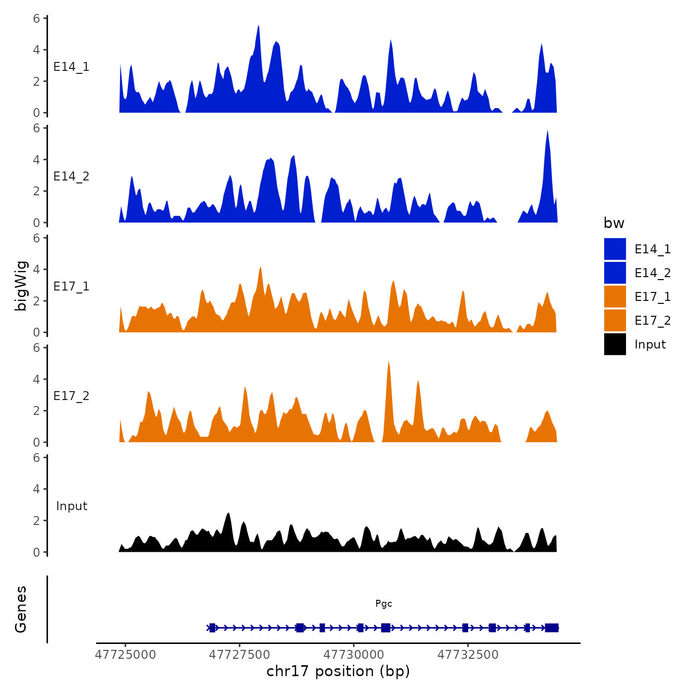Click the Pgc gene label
click(384, 603)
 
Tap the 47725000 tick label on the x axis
click(125, 654)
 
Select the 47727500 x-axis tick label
click(239, 654)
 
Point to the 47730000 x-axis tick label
click(354, 654)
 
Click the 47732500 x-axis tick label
click(468, 654)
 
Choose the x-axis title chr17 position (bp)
click(338, 671)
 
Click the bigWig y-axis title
click(21, 286)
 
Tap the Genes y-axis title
click(21, 609)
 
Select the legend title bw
click(614, 223)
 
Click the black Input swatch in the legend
click(615, 344)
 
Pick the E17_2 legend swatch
click(615, 320)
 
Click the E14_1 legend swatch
click(615, 249)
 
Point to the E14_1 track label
click(71, 67)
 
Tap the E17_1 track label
click(71, 287)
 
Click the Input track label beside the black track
click(71, 506)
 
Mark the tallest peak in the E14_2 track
click(547, 132)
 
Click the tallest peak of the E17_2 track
click(389, 363)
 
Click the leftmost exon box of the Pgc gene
click(212, 628)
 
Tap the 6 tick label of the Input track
click(37, 458)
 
